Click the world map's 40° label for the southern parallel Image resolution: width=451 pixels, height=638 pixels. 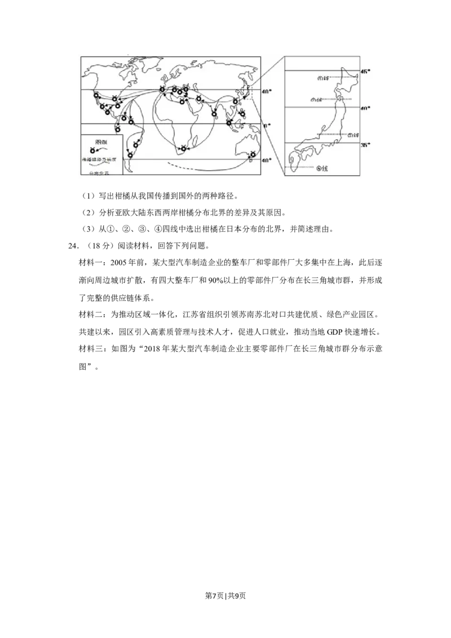point(267,161)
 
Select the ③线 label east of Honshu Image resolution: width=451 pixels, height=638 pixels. point(353,135)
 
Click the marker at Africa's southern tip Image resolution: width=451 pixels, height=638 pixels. point(183,149)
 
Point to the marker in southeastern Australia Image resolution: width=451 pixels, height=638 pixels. point(253,154)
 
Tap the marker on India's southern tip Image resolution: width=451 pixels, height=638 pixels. point(215,114)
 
